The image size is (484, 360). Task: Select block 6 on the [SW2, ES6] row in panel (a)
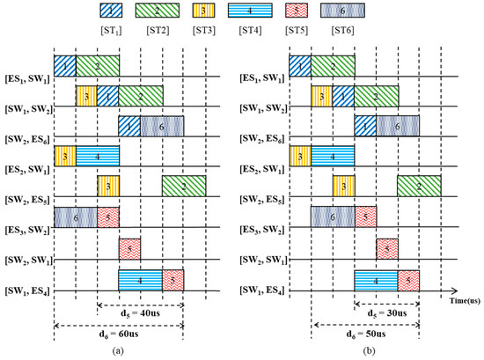tap(162, 127)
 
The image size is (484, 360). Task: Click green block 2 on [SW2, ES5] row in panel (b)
tap(419, 186)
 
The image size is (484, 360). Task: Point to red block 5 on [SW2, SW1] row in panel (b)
tap(386, 249)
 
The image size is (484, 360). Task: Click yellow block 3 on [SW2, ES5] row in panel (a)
tap(107, 186)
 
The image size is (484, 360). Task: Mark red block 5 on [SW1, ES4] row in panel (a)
tap(172, 280)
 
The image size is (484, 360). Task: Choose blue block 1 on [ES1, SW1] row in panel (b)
tap(300, 65)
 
